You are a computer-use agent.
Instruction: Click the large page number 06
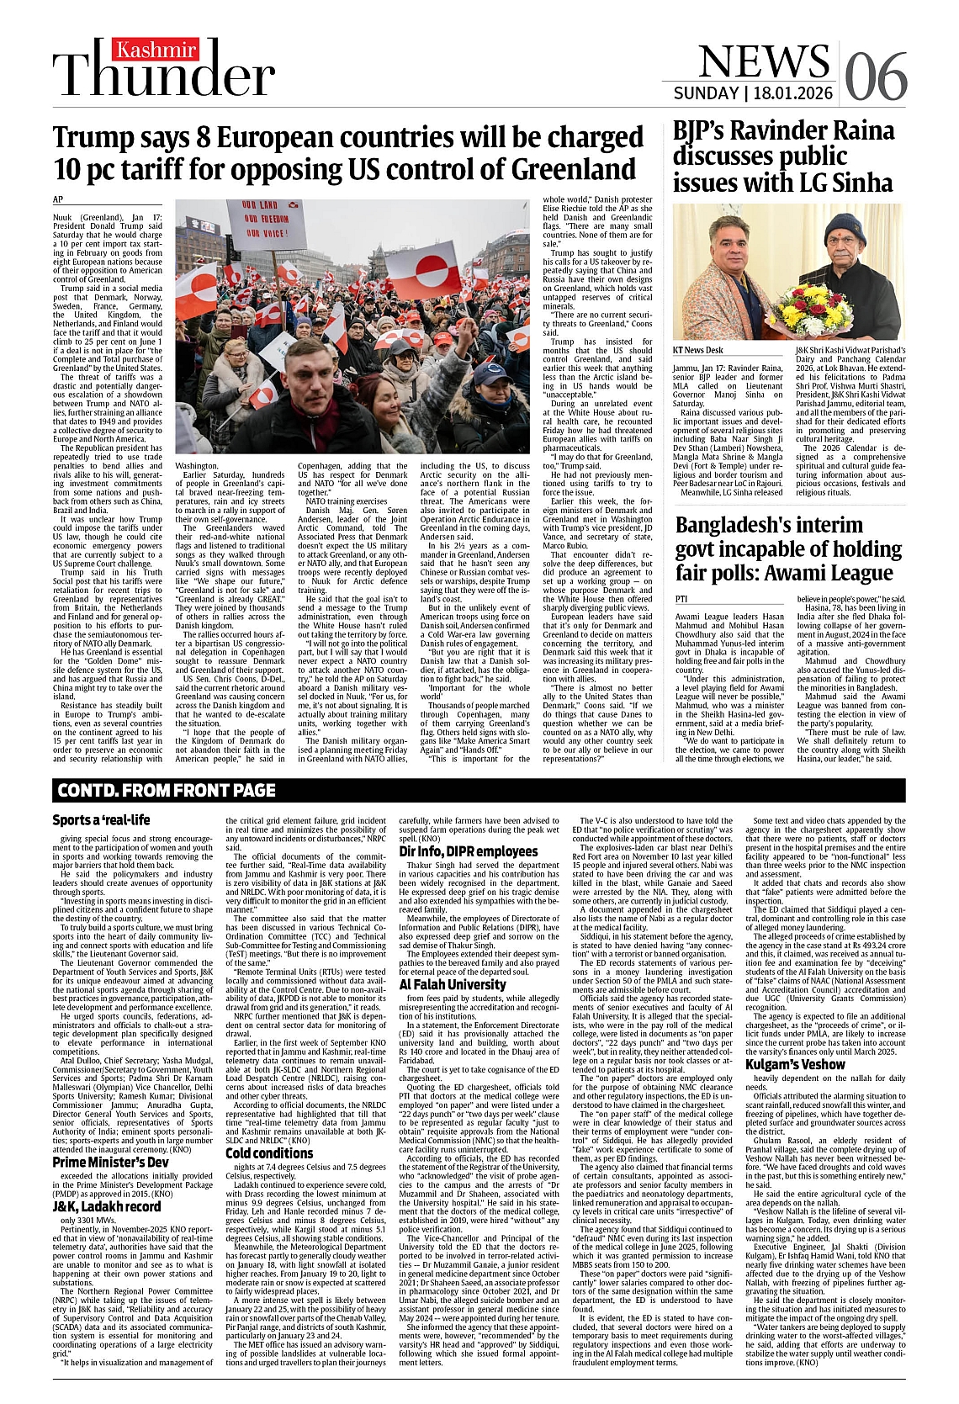(x=876, y=77)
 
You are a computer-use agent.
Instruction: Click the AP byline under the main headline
(x=58, y=199)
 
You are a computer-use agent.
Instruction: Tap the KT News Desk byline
(x=697, y=349)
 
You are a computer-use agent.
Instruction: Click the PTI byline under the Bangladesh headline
(x=681, y=598)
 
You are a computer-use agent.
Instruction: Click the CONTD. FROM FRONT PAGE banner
(x=167, y=790)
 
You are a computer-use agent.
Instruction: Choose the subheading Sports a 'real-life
(x=101, y=820)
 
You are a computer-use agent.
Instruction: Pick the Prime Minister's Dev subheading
(x=110, y=1162)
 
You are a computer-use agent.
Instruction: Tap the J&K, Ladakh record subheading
(x=106, y=1206)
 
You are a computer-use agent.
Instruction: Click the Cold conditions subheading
(x=269, y=1153)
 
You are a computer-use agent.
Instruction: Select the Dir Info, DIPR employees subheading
(x=468, y=851)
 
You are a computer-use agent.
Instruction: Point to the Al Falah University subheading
(x=453, y=984)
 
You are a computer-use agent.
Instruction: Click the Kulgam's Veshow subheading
(x=794, y=1065)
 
